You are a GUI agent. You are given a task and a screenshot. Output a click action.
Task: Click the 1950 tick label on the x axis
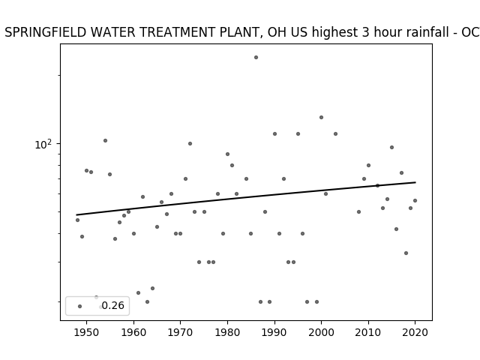pos(87,332)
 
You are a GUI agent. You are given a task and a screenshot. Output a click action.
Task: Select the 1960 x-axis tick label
pos(133,332)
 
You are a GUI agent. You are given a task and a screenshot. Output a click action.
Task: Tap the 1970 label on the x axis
pos(180,332)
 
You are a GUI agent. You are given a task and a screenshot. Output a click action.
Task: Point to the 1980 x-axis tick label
pos(227,332)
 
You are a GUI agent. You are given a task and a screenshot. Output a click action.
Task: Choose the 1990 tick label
pos(274,332)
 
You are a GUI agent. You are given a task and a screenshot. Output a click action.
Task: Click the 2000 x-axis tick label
pos(321,332)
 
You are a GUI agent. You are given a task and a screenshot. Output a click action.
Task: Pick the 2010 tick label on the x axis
pos(368,332)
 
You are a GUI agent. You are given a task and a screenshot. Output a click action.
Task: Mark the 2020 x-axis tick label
pos(415,332)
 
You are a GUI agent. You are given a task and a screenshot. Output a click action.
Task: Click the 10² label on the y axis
pos(43,144)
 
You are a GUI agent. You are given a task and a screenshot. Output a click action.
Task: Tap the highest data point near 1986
pos(256,57)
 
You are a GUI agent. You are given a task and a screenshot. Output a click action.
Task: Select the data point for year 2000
pos(321,117)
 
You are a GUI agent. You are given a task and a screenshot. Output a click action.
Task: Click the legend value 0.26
pos(113,305)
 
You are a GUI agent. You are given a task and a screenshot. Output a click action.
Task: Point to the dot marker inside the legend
pos(80,306)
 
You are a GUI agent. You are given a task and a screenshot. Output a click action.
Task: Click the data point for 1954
pos(105,140)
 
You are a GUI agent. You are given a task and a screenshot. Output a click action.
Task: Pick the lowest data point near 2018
pos(406,253)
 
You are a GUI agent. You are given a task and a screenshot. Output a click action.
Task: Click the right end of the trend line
pos(415,182)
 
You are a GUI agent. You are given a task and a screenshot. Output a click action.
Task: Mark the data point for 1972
pos(190,143)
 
